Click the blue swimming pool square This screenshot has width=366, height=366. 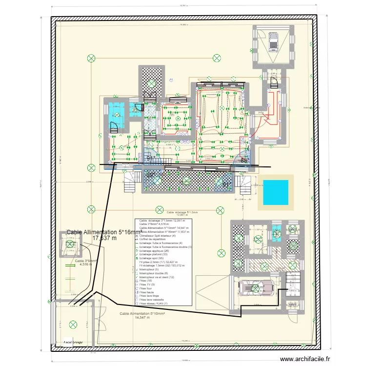point(276,193)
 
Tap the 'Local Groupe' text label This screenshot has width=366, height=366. point(73,343)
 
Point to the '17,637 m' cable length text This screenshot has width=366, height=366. point(104,239)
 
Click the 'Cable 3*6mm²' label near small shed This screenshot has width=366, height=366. point(86,261)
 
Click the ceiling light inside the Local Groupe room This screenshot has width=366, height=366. point(73,323)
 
